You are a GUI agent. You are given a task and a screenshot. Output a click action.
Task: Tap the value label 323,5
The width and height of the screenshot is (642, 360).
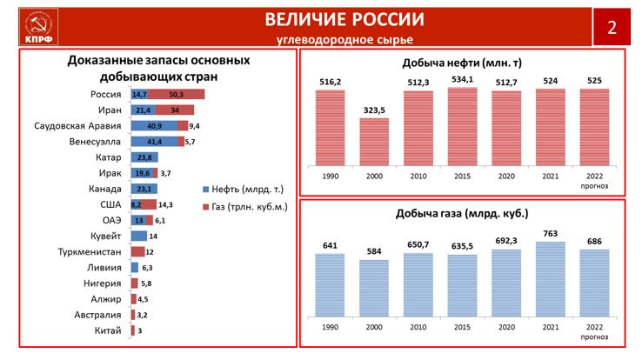[374, 110]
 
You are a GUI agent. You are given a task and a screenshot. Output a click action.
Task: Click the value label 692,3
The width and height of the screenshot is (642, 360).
[506, 240]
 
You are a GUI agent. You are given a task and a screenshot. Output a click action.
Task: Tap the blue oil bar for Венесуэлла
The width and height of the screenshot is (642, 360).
[156, 141]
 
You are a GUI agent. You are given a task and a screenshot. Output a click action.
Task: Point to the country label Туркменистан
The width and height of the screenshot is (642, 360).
[86, 251]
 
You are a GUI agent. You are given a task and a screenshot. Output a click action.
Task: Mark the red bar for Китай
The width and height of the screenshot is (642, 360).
[132, 330]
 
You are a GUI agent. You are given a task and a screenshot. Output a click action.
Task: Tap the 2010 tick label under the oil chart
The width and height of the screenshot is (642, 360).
[418, 177]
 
